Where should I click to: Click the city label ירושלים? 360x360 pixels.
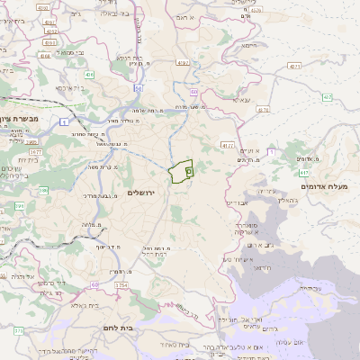(142, 193)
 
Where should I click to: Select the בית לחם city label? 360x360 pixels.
(118, 328)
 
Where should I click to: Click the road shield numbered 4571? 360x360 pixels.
(294, 67)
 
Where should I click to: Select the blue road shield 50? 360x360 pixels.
(138, 88)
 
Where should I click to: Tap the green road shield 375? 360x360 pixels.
(20, 331)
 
